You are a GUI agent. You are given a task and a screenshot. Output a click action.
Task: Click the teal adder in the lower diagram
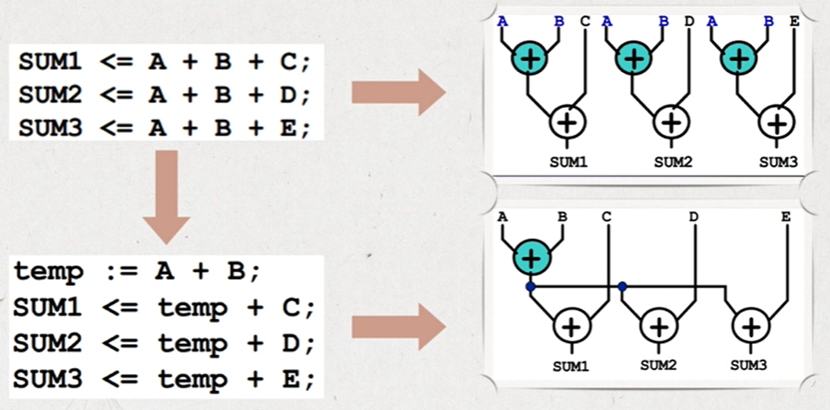tap(531, 258)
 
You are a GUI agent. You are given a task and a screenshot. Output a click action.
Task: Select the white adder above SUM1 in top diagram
tap(568, 122)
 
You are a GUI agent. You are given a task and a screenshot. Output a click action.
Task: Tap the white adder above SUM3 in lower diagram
tap(748, 327)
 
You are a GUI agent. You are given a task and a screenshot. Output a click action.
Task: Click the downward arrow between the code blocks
tap(166, 195)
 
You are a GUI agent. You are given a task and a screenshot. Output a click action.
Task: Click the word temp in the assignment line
tap(50, 272)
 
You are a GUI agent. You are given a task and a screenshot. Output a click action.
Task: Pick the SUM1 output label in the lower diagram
tap(570, 366)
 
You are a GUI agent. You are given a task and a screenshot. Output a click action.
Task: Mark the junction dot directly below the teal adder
tap(529, 286)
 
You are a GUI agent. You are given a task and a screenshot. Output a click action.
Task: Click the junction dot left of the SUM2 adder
tap(622, 286)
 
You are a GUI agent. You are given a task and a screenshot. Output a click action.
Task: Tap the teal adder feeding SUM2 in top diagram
tap(634, 58)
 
